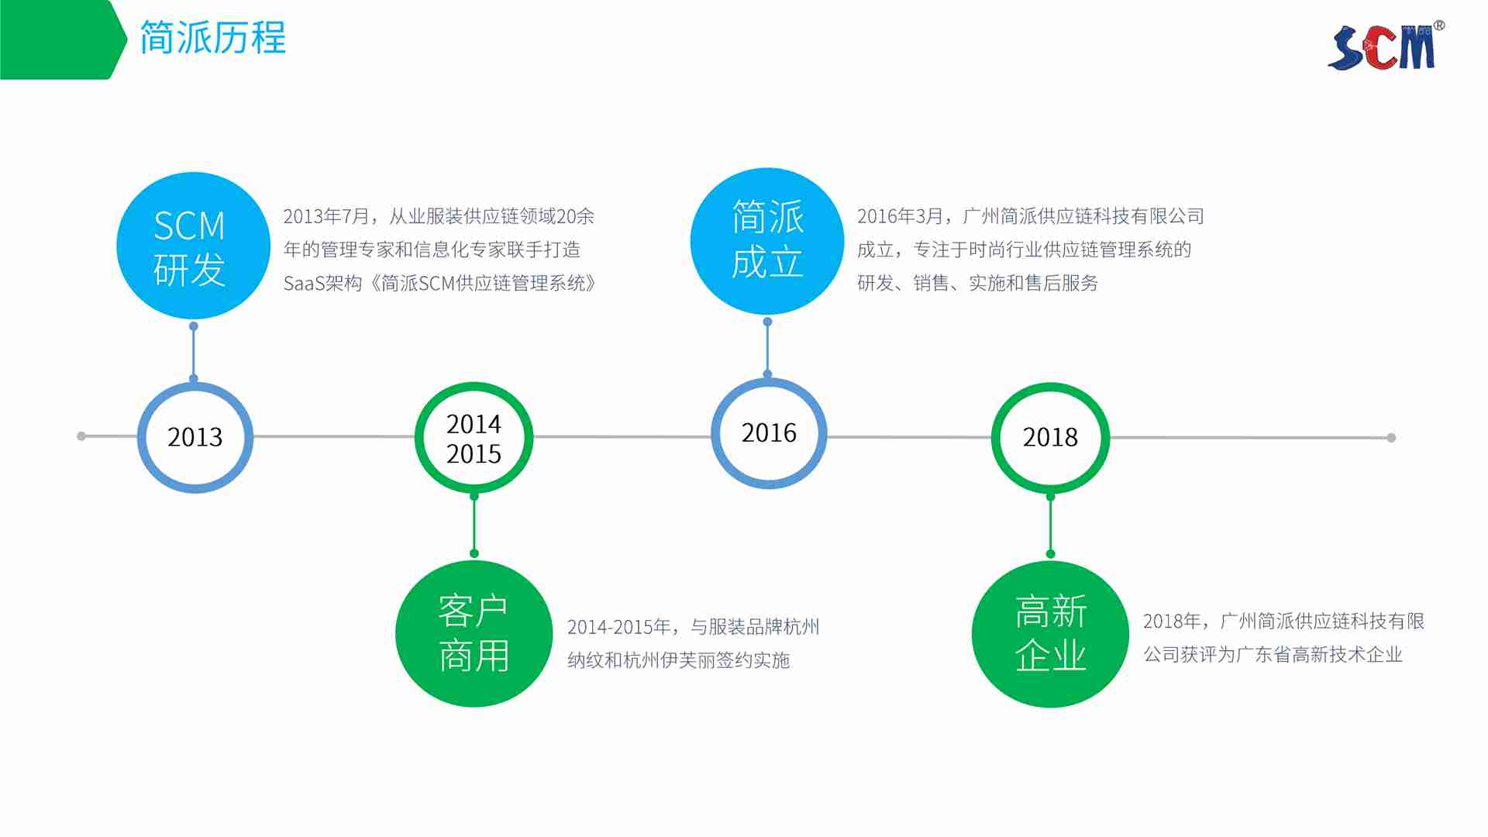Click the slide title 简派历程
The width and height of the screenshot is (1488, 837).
point(213,38)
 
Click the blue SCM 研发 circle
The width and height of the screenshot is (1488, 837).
point(193,246)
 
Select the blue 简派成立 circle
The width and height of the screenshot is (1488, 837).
point(767,241)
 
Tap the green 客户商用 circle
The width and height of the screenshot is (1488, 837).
point(474,634)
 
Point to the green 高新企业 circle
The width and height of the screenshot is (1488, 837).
point(1050,634)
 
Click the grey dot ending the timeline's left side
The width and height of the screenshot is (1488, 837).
point(81,436)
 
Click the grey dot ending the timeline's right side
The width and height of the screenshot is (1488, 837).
point(1391,438)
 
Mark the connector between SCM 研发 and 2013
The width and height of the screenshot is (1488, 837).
point(194,353)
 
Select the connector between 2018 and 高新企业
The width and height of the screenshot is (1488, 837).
point(1051,525)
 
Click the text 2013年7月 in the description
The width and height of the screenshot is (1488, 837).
point(326,216)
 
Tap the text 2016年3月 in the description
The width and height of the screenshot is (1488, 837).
point(901,216)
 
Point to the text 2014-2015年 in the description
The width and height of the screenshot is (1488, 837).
point(619,627)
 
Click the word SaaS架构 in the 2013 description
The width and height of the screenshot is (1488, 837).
point(323,284)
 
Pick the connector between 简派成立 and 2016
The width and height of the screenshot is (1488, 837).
point(767,348)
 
